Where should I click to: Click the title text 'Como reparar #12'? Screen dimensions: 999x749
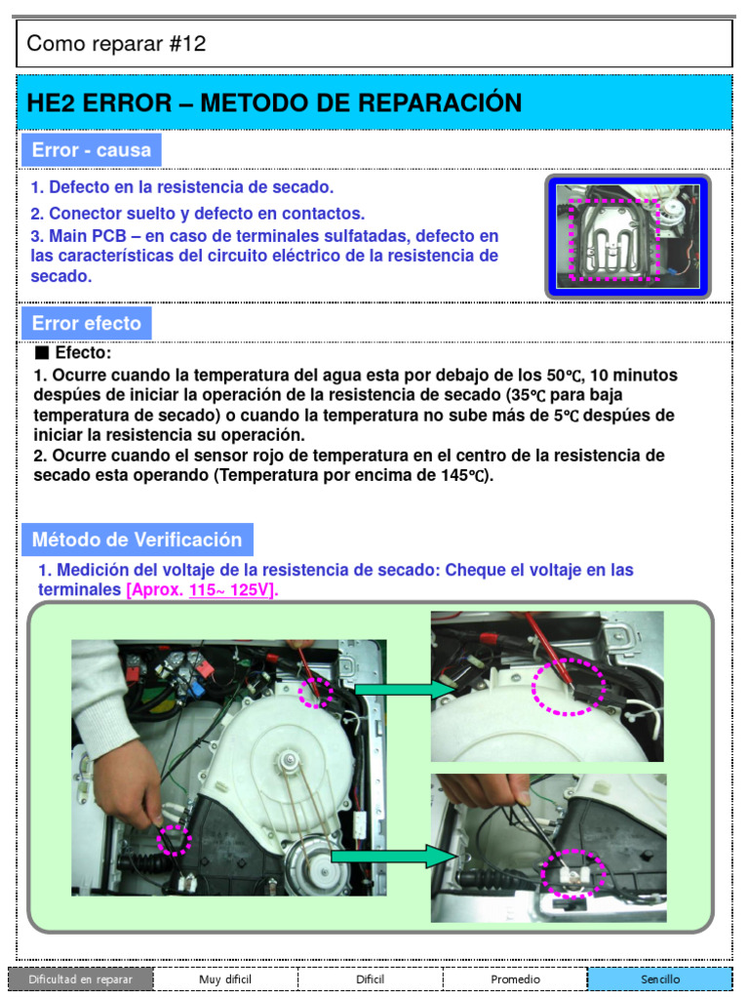point(116,44)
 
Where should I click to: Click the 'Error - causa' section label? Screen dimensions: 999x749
point(91,150)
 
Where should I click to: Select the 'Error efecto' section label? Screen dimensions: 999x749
point(86,323)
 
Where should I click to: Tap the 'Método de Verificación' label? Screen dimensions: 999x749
point(137,539)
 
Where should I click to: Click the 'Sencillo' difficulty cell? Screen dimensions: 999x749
point(659,979)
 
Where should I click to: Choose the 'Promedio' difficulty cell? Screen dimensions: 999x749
point(515,979)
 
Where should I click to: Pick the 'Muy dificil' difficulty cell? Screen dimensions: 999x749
point(226,979)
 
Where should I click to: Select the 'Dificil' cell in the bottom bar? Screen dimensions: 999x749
point(371,979)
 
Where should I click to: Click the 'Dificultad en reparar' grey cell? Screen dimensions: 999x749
point(81,979)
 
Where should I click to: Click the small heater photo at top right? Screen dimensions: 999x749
point(627,237)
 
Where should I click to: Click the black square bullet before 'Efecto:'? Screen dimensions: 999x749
point(42,353)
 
